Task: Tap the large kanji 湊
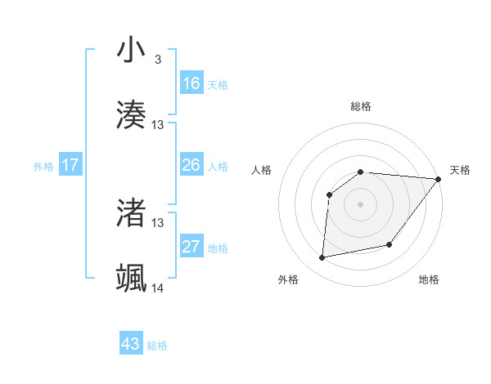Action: point(131,114)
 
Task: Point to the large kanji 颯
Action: point(131,278)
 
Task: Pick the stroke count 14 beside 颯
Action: point(158,288)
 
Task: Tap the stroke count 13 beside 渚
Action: point(158,222)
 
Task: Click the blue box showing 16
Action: point(191,83)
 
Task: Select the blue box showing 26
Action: point(191,165)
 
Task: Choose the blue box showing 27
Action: point(191,247)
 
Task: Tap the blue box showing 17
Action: point(70,165)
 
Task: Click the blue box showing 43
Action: point(131,344)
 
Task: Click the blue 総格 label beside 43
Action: point(158,346)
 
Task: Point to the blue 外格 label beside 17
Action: point(43,167)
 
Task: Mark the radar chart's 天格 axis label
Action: point(460,170)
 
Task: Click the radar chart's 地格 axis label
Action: point(429,279)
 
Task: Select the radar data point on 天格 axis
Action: point(439,179)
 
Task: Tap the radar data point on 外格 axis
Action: point(322,257)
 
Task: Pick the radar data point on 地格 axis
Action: point(390,244)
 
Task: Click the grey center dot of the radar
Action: point(360,204)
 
